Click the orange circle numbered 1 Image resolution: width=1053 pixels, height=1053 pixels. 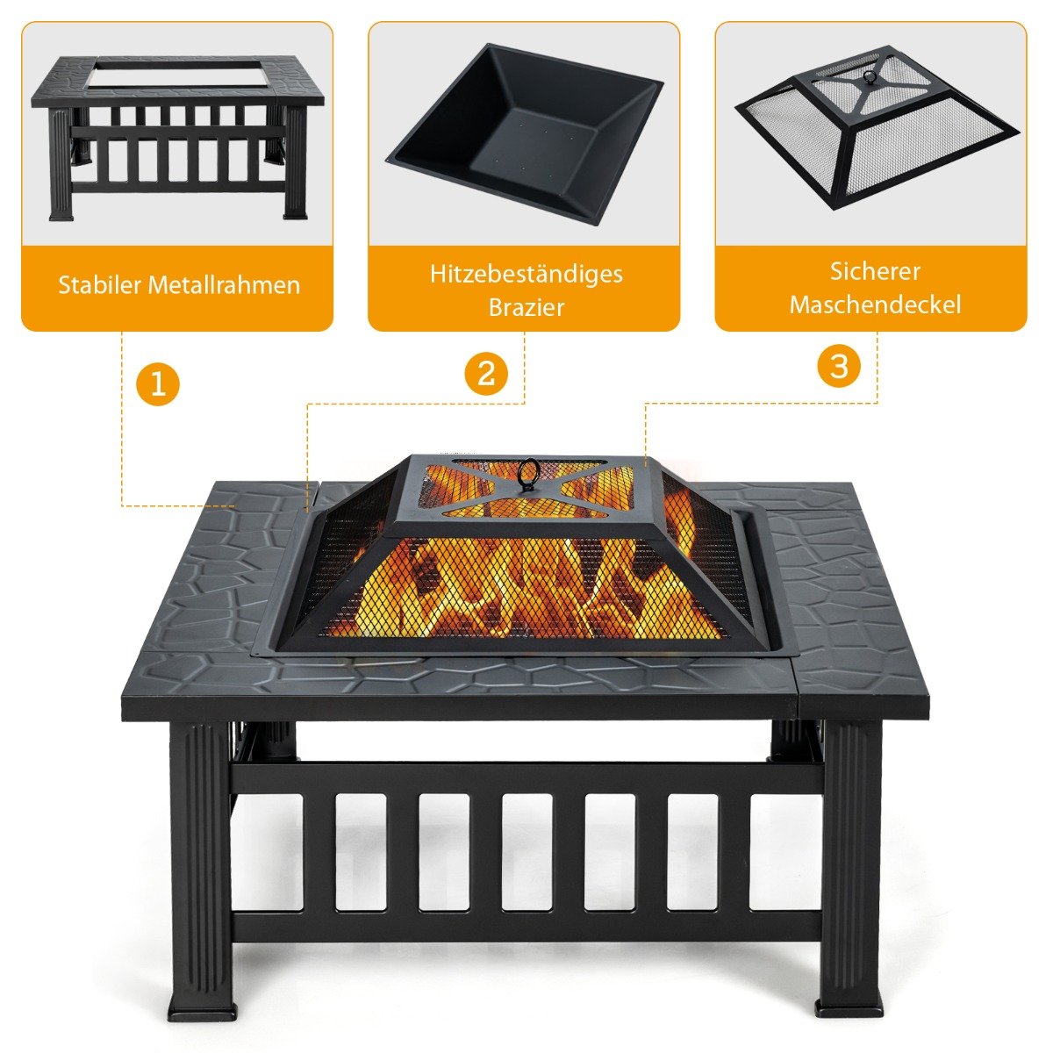tap(158, 383)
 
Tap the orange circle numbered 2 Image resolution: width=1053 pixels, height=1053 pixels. tap(486, 375)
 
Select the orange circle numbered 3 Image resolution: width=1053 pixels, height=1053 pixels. tap(839, 366)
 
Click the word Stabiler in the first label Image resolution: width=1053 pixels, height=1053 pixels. tap(99, 284)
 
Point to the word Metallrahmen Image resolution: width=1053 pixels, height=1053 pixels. tap(225, 284)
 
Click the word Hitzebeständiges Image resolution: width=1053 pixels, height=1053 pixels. tap(526, 275)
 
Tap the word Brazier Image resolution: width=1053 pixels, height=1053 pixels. tap(526, 307)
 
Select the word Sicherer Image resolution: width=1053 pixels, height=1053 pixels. tap(875, 271)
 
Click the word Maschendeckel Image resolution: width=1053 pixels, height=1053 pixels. tap(875, 304)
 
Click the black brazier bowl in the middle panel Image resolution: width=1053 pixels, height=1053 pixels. tap(525, 133)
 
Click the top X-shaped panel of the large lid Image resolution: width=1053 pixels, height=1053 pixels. tap(526, 488)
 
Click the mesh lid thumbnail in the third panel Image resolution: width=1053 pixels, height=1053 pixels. tap(877, 129)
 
